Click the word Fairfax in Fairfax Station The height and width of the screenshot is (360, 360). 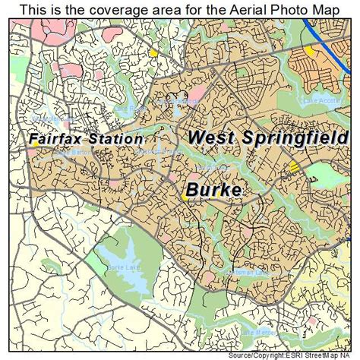click(57, 139)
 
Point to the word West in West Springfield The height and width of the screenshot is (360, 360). click(210, 137)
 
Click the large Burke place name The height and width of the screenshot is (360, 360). click(213, 189)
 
